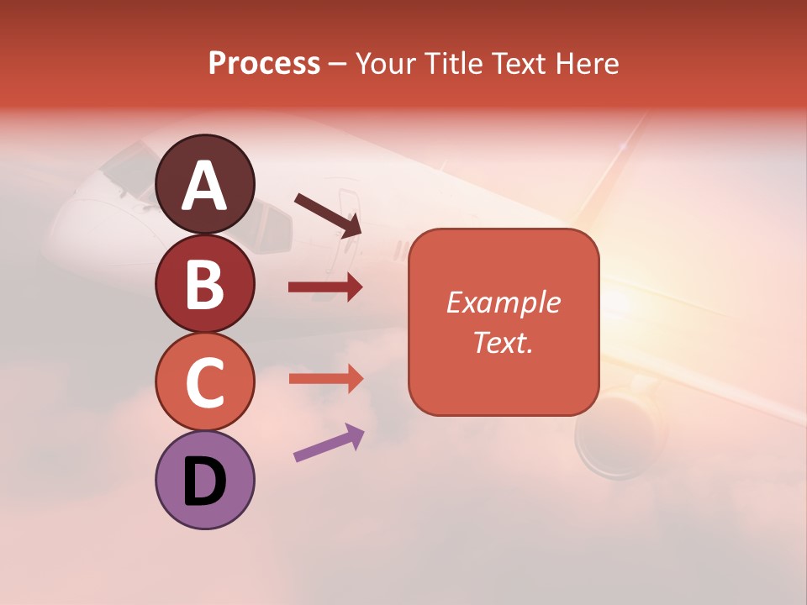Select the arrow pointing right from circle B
pyautogui.click(x=324, y=287)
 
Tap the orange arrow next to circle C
pyautogui.click(x=324, y=378)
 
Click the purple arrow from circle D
pyautogui.click(x=329, y=443)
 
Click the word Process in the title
pyautogui.click(x=264, y=64)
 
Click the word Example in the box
pyautogui.click(x=503, y=302)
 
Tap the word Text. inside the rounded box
pyautogui.click(x=503, y=342)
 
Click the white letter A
pyautogui.click(x=205, y=186)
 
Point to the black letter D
pyautogui.click(x=204, y=481)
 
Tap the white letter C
pyautogui.click(x=205, y=382)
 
